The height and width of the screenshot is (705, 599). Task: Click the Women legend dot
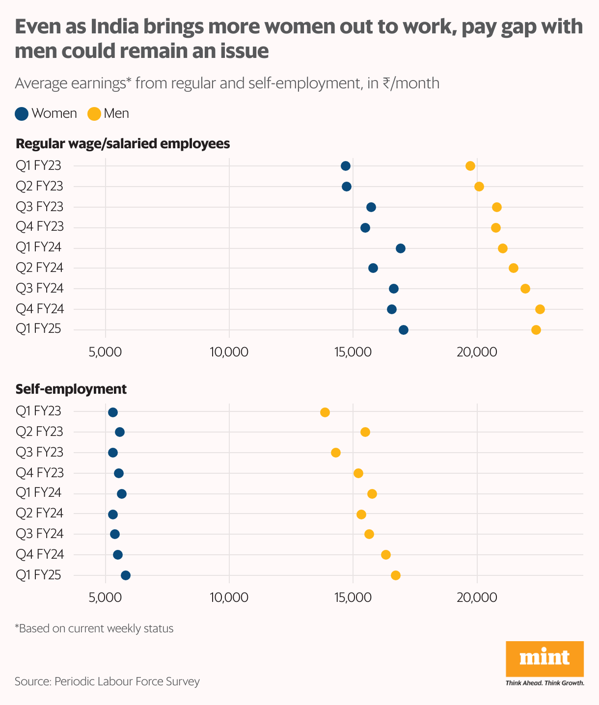click(x=22, y=114)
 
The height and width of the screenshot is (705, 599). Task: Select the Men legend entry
click(x=108, y=114)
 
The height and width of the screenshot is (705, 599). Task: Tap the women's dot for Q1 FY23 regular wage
click(x=346, y=166)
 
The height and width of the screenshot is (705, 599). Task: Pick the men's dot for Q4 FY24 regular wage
click(x=540, y=309)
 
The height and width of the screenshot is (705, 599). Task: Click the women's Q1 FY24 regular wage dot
click(x=401, y=248)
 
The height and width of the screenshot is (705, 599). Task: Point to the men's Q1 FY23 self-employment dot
click(x=325, y=412)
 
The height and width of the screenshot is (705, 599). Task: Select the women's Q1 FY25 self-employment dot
click(x=126, y=575)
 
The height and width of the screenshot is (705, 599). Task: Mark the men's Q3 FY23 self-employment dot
click(x=336, y=453)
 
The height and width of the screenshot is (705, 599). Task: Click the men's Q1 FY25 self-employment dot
click(x=396, y=575)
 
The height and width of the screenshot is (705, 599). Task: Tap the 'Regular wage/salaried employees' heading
click(x=123, y=144)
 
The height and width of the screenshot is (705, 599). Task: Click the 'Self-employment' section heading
click(x=71, y=389)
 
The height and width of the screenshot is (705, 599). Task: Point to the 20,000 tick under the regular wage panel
click(x=477, y=352)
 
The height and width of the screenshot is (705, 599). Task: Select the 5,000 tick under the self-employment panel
click(x=106, y=597)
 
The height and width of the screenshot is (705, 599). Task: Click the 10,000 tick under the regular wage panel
click(x=229, y=352)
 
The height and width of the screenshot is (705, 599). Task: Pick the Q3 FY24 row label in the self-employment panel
click(x=40, y=534)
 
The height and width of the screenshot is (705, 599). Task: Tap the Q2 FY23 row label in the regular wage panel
click(x=40, y=187)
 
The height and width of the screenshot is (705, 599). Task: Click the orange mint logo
click(x=545, y=658)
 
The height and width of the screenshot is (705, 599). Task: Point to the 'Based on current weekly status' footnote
click(x=94, y=628)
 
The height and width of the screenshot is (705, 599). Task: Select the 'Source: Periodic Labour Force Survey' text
click(x=107, y=681)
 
